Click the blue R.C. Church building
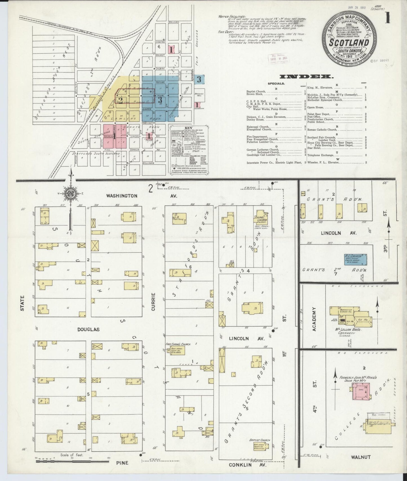point(355,259)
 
